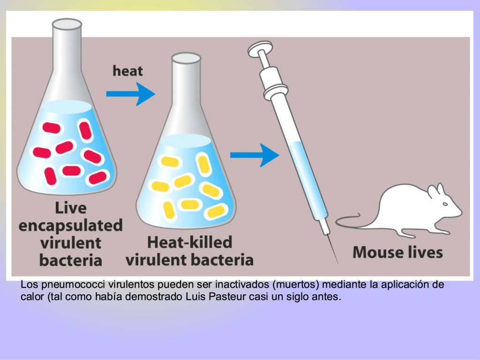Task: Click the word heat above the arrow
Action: (x=127, y=71)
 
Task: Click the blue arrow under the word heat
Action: (x=131, y=94)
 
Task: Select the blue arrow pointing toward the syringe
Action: (x=255, y=155)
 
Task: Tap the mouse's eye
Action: (x=445, y=204)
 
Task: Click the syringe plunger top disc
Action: (x=260, y=49)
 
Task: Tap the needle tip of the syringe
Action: (x=337, y=263)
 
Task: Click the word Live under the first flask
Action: (x=71, y=208)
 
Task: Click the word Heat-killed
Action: (x=190, y=242)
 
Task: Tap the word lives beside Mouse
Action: (x=423, y=253)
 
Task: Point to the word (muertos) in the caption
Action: (x=296, y=285)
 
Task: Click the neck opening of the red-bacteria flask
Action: (x=67, y=24)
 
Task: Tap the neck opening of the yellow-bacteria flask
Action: (x=186, y=58)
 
